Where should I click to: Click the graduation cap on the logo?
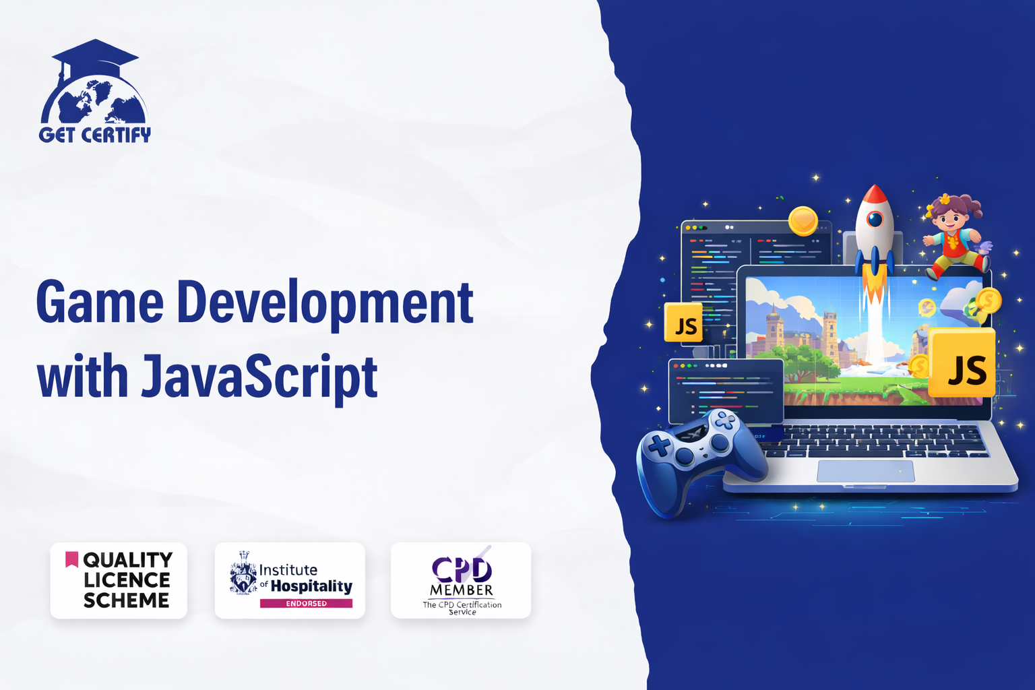(95, 58)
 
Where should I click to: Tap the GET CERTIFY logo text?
(95, 135)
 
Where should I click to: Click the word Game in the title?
(100, 303)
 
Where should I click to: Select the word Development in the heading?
(325, 305)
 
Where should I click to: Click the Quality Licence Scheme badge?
(119, 580)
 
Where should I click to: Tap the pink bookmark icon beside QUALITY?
(71, 559)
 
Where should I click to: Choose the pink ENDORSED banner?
(306, 603)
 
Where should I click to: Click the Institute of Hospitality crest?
(243, 573)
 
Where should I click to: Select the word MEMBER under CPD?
(462, 590)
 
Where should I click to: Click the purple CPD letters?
(462, 569)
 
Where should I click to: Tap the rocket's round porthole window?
(875, 218)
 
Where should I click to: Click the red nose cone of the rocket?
(874, 195)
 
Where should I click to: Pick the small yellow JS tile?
(683, 323)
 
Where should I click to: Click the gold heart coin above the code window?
(803, 221)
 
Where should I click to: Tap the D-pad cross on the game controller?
(660, 446)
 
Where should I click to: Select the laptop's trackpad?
(865, 471)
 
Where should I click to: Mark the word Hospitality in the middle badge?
(311, 586)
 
